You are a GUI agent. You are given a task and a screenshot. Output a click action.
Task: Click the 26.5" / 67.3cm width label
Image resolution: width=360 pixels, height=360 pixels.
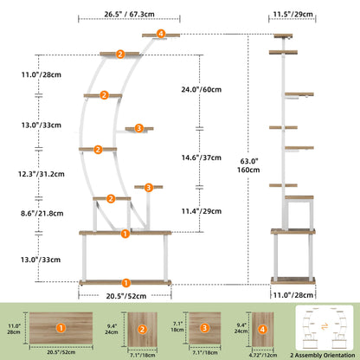pyautogui.click(x=129, y=14)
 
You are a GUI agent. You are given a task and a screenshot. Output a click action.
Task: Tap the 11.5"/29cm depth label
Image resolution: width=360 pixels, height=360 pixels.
pyautogui.click(x=292, y=14)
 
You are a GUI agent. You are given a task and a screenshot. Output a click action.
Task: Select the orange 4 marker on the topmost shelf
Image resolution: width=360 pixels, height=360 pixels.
pyautogui.click(x=161, y=34)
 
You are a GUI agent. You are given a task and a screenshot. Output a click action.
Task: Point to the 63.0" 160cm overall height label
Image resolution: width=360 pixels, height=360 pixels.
pyautogui.click(x=248, y=165)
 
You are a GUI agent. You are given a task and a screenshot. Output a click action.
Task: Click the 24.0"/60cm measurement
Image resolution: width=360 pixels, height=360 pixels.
pyautogui.click(x=202, y=89)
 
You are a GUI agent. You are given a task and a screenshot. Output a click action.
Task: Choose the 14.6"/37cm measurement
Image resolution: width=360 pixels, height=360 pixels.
pyautogui.click(x=202, y=157)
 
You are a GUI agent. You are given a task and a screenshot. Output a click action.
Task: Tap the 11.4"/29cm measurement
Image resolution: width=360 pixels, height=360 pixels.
pyautogui.click(x=202, y=211)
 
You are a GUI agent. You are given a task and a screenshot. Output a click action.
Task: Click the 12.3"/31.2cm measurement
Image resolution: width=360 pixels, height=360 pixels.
pyautogui.click(x=42, y=174)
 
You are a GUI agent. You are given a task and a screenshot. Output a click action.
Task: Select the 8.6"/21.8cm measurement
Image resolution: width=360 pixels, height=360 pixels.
pyautogui.click(x=42, y=214)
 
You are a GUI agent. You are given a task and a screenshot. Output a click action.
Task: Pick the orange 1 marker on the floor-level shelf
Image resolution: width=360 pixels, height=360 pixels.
pyautogui.click(x=125, y=283)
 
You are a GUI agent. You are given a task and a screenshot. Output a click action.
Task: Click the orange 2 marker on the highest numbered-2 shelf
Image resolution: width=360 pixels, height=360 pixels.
pyautogui.click(x=120, y=54)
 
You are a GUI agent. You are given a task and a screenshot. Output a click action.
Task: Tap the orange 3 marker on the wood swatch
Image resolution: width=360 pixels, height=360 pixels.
pyautogui.click(x=204, y=328)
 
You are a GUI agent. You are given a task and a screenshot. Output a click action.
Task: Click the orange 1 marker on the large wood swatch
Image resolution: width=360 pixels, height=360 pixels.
pyautogui.click(x=61, y=328)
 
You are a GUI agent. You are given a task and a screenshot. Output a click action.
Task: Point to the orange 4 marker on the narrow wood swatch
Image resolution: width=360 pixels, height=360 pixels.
pyautogui.click(x=262, y=329)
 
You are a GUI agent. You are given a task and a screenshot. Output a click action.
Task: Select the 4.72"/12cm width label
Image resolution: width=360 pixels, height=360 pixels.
pyautogui.click(x=263, y=355)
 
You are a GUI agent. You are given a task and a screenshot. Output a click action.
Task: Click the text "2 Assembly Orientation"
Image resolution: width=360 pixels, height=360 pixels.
pyautogui.click(x=323, y=355)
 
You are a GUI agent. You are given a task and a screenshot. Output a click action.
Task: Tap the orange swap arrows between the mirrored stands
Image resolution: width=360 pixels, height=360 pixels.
pyautogui.click(x=325, y=327)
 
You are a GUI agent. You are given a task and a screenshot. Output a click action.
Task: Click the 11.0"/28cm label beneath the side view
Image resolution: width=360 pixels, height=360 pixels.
pyautogui.click(x=293, y=295)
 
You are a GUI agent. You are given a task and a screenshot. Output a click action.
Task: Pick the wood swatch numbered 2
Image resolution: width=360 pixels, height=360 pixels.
pyautogui.click(x=143, y=330)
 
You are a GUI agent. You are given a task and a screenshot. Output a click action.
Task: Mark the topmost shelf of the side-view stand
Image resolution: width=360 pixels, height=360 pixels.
pyautogui.click(x=283, y=36)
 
